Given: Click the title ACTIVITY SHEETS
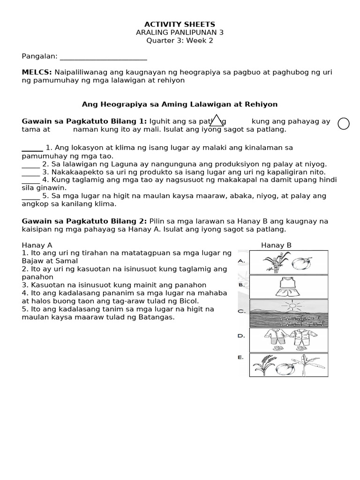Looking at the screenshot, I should click(180, 24).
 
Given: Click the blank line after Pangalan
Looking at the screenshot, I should click(104, 57).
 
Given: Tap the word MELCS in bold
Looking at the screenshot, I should click(37, 72).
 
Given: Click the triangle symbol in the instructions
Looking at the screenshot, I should click(216, 120).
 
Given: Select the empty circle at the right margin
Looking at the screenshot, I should click(344, 123).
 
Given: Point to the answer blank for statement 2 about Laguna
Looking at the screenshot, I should click(30, 164).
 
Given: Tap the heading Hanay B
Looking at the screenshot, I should click(276, 245).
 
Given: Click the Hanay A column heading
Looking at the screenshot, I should click(37, 245).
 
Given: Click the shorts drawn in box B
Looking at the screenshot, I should click(285, 292).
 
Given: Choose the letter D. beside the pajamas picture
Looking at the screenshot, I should click(241, 336).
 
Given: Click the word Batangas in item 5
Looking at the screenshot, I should click(158, 317).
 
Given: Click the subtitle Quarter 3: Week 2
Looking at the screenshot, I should click(180, 40).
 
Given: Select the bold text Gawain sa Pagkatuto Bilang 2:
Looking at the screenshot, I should click(84, 221).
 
